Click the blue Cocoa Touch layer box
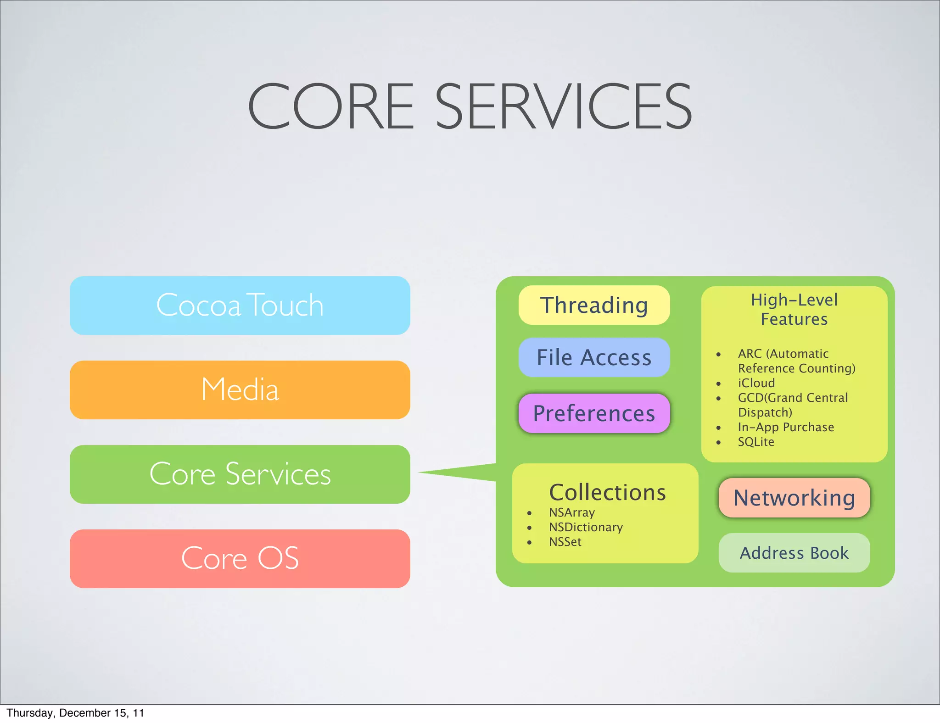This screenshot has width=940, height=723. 240,305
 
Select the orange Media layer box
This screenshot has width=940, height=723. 240,389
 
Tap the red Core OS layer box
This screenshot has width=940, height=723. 240,558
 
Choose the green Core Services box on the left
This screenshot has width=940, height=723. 240,474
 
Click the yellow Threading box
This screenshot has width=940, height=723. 594,305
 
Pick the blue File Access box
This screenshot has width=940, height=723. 594,357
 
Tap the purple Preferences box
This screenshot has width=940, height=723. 594,413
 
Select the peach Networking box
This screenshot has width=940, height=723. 794,498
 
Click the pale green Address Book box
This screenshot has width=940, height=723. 794,553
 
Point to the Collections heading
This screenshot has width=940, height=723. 607,492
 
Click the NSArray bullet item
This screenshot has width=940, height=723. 572,512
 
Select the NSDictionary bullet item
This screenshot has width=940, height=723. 586,527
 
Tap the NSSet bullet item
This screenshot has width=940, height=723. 565,542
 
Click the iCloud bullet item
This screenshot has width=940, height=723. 756,383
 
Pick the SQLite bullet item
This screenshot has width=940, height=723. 755,442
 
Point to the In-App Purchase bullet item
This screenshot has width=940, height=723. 786,427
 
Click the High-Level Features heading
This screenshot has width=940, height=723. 794,309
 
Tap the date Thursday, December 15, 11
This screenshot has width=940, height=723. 75,713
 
